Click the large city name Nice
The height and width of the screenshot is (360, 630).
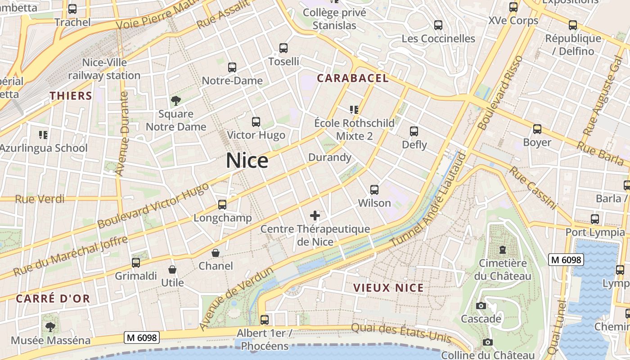point(247,161)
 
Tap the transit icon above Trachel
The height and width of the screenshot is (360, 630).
point(72,9)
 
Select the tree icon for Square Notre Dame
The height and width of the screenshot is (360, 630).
point(175,100)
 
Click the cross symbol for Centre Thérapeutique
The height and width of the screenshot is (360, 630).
point(315,216)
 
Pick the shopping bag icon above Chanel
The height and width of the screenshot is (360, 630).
point(216,253)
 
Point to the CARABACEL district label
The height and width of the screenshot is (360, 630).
point(352,78)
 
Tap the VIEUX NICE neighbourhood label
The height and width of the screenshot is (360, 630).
point(388,288)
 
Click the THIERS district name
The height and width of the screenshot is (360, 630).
point(71,96)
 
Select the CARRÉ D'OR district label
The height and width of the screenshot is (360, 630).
point(53,298)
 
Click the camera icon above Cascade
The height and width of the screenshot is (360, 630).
point(481,306)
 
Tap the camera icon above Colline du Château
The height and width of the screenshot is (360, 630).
point(487,342)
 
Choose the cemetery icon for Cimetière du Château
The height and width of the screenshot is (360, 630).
point(503,250)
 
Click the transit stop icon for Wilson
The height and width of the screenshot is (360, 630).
point(374,190)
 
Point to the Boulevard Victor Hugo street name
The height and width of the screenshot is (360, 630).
point(153,205)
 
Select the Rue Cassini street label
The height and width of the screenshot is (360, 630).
point(533,188)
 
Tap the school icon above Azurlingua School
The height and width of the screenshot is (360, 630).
point(43,135)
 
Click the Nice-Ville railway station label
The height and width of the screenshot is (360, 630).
point(104,69)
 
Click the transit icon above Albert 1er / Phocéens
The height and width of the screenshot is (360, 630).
point(265,320)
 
